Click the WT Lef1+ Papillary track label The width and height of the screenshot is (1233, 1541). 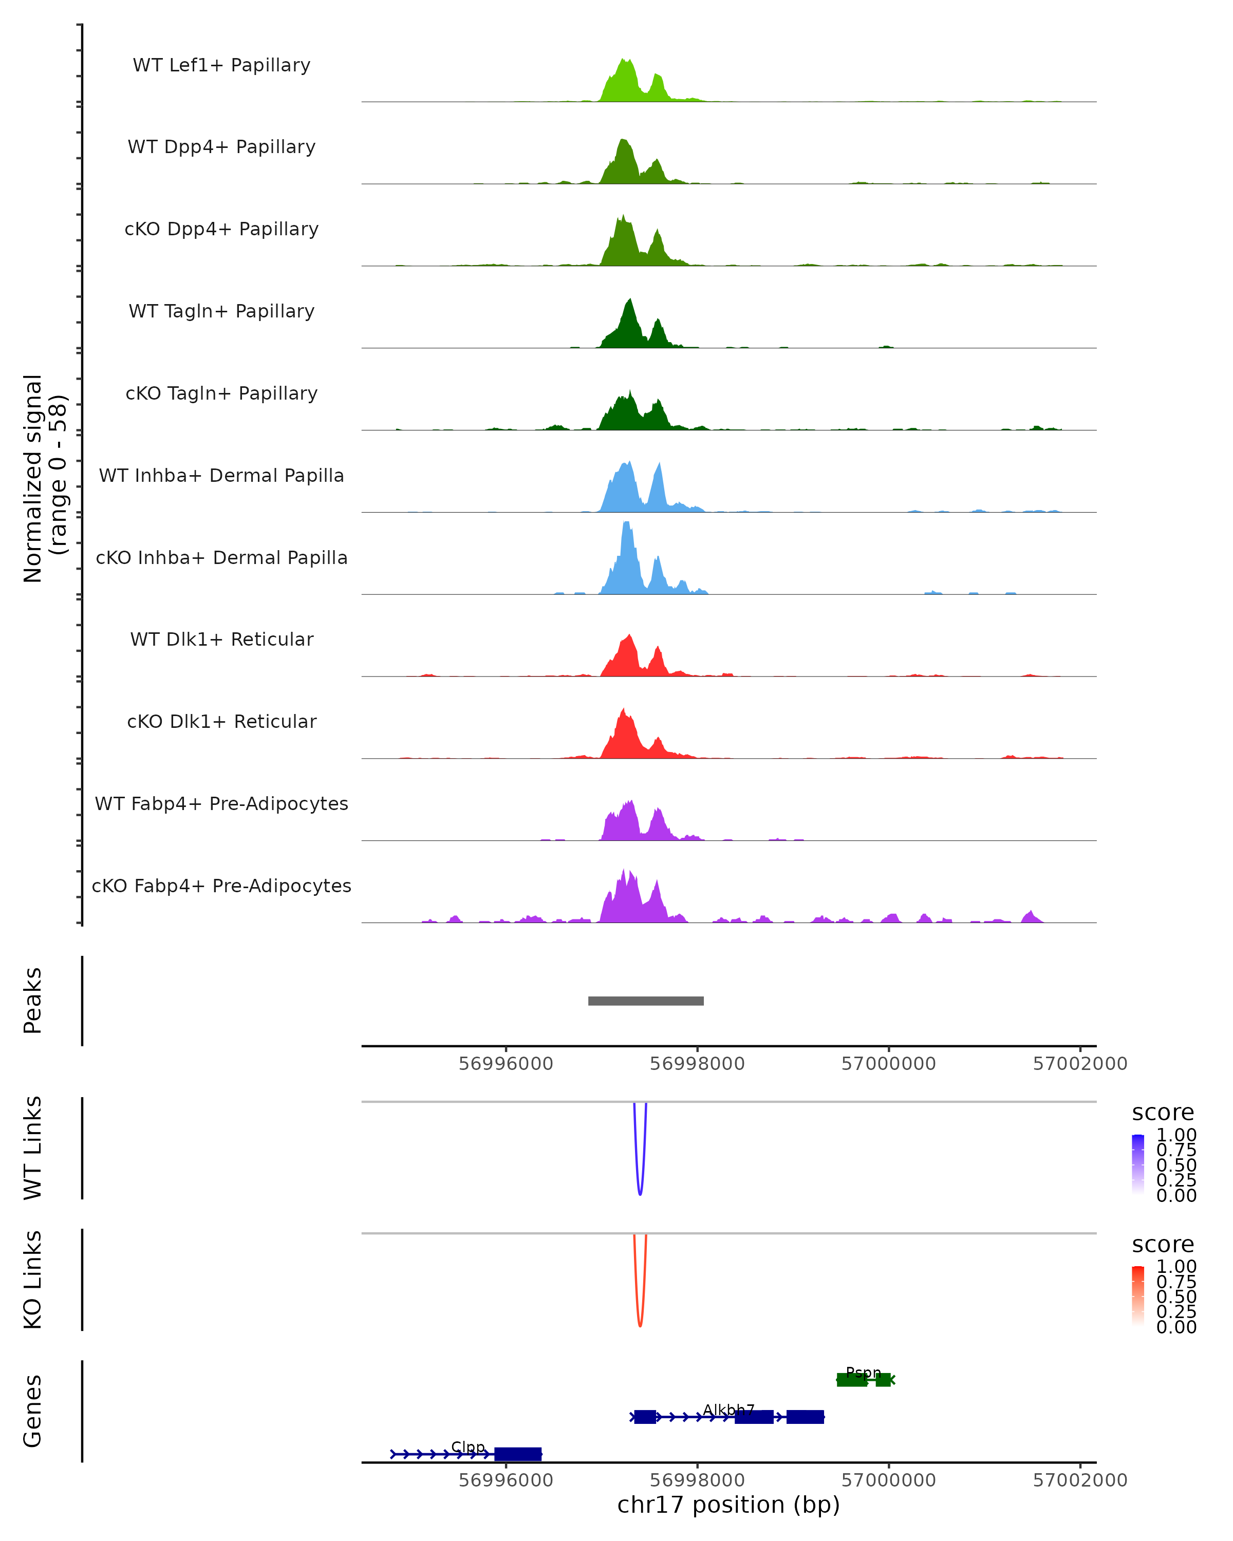click(x=221, y=65)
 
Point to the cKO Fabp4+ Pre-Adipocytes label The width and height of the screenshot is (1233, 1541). click(x=221, y=886)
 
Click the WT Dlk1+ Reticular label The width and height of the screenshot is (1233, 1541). click(x=221, y=639)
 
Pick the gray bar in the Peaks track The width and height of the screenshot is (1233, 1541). click(x=645, y=1001)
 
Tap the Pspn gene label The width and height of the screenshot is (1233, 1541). click(x=863, y=1373)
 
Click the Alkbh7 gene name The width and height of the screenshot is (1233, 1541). click(x=728, y=1410)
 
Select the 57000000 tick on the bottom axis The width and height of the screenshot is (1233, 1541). click(x=888, y=1479)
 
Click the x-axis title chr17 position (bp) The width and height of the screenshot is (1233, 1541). click(x=728, y=1505)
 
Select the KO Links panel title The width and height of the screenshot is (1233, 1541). click(x=33, y=1280)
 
